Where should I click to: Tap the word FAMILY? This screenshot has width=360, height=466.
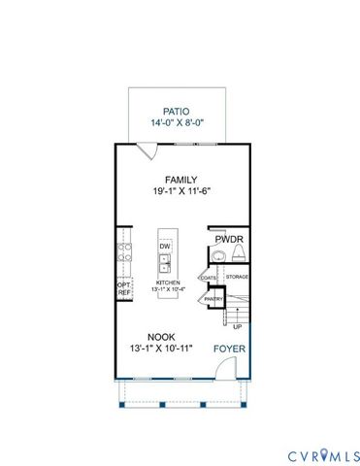181,180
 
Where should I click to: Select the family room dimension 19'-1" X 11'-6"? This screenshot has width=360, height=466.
181,193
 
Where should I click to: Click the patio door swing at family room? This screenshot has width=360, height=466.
146,151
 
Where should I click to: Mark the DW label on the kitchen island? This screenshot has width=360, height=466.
165,247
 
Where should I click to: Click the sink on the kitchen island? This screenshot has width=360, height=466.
165,260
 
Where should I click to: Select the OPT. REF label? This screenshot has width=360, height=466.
124,288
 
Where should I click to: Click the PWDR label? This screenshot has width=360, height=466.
228,238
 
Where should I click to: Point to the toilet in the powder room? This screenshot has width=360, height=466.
237,254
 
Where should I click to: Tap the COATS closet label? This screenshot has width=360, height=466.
209,278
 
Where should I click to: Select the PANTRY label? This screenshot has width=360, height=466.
213,300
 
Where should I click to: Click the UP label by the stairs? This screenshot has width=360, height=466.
237,327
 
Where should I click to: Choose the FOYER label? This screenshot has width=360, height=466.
229,348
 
